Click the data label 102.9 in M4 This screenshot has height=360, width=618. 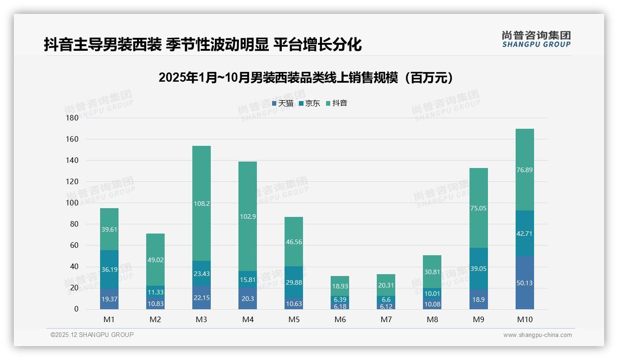click(248, 216)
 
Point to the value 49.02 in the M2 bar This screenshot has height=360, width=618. click(155, 260)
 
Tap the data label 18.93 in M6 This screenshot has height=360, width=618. click(340, 287)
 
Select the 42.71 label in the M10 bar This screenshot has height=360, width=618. click(524, 234)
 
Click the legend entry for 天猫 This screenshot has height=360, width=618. click(283, 103)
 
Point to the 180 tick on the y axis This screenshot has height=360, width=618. click(72, 118)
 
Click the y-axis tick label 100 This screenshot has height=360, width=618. click(72, 203)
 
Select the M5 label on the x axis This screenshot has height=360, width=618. click(294, 319)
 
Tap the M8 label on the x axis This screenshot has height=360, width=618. click(432, 319)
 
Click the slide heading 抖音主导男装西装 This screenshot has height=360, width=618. click(202, 45)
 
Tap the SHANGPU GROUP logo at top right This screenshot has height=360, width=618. click(536, 39)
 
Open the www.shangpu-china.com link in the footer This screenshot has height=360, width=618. click(537, 335)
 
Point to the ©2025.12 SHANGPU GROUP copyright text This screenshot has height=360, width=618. click(92, 335)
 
